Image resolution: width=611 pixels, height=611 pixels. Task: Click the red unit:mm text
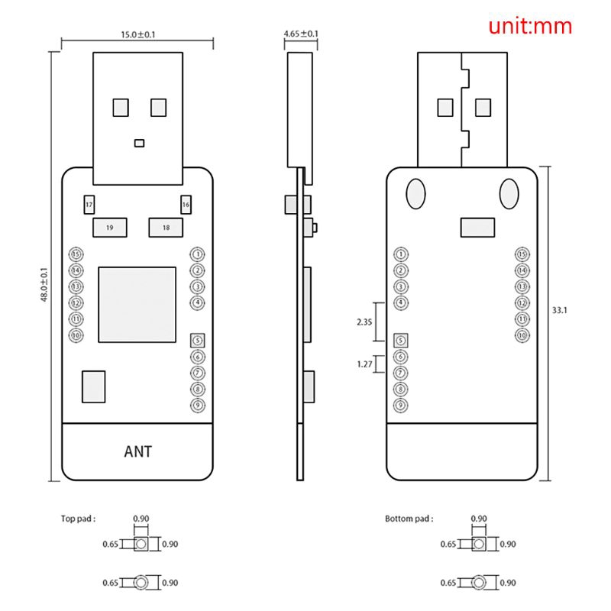530,26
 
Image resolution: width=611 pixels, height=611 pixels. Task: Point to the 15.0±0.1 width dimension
137,34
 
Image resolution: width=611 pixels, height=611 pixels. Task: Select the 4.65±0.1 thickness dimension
301,34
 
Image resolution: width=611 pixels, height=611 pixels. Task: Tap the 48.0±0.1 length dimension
44,284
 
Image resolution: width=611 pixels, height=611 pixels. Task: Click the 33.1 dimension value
561,310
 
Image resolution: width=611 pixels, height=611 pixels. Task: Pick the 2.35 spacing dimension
365,322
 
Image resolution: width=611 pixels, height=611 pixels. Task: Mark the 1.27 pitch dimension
365,364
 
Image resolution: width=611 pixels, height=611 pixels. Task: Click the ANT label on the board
137,451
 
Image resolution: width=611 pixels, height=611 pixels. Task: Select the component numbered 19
110,228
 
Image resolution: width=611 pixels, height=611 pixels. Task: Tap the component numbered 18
166,228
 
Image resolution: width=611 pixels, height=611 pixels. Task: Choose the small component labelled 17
89,205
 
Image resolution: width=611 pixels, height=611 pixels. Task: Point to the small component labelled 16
186,205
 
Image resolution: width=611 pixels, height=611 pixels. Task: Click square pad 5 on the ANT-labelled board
198,340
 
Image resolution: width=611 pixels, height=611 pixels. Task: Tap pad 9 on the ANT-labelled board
198,405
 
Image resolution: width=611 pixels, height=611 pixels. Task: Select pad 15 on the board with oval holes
522,254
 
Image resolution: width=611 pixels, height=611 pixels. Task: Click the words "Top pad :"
79,519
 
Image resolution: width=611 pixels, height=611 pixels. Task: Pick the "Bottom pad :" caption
409,519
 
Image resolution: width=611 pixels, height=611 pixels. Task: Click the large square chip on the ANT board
137,305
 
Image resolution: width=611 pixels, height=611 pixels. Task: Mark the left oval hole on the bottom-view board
416,193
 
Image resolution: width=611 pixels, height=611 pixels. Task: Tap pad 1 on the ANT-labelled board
198,254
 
